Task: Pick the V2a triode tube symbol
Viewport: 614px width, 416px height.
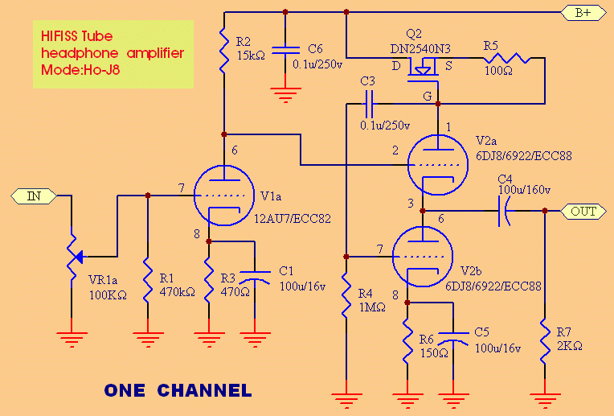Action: tap(438, 159)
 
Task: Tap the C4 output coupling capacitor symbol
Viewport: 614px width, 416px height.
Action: tap(503, 212)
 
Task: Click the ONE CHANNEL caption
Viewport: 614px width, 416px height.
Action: tap(178, 391)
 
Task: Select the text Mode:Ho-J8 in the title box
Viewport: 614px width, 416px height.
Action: tap(83, 70)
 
